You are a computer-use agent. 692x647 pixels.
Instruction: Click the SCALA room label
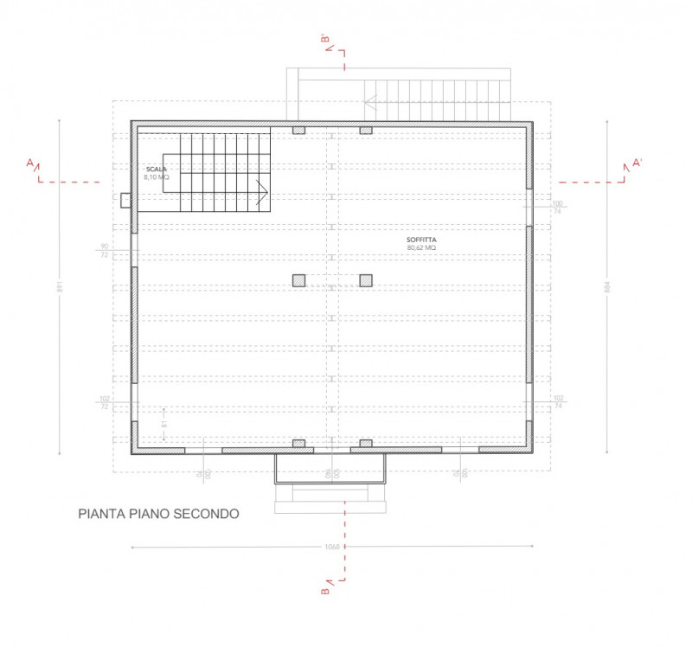tap(156, 169)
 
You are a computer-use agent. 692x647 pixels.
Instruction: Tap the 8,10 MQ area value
tap(157, 176)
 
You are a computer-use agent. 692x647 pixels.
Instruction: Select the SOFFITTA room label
tap(421, 240)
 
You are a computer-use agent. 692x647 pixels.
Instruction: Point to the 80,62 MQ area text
tap(421, 247)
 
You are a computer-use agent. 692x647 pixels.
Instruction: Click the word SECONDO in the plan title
tap(207, 513)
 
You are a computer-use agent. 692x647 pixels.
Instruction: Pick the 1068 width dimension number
tap(331, 547)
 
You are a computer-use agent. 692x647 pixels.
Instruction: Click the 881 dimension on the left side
tap(59, 287)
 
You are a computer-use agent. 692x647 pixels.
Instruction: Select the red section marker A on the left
tap(30, 163)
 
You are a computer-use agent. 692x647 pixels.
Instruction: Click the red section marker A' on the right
tap(637, 163)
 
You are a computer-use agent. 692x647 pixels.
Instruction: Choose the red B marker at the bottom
tap(324, 593)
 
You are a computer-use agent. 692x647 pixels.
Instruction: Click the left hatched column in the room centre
tap(298, 280)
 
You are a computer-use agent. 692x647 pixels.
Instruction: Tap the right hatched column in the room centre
tap(366, 280)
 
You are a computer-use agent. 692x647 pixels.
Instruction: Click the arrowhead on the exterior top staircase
tap(371, 101)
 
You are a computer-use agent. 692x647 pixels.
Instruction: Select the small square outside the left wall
tap(125, 201)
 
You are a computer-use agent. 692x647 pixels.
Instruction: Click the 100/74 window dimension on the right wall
tap(558, 208)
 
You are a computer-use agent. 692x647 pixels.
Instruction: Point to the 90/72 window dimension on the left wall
tap(105, 252)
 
